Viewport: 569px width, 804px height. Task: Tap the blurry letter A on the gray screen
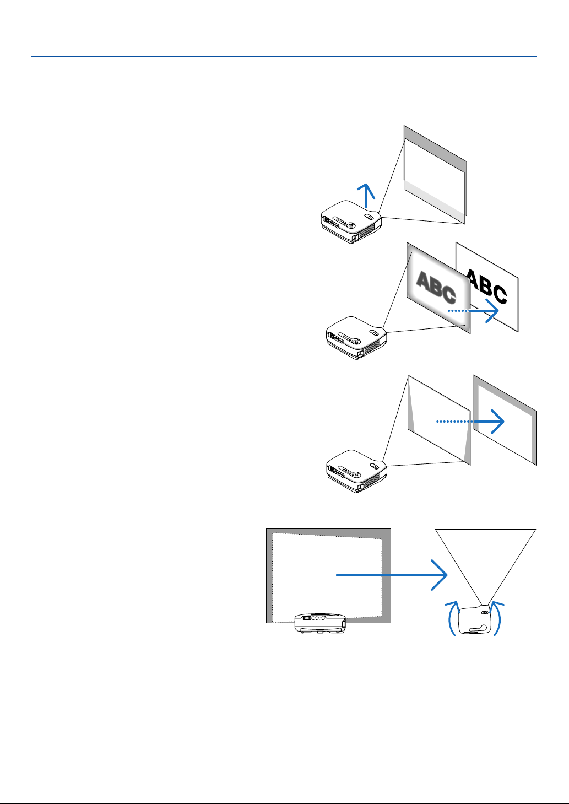pos(424,281)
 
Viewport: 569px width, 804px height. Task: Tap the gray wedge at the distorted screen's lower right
pos(468,449)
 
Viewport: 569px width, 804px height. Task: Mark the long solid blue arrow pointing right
pos(391,575)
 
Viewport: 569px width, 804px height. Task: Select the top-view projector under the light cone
pos(473,620)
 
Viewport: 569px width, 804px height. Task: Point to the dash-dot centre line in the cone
pos(485,557)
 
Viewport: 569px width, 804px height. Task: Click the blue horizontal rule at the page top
pos(284,56)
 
